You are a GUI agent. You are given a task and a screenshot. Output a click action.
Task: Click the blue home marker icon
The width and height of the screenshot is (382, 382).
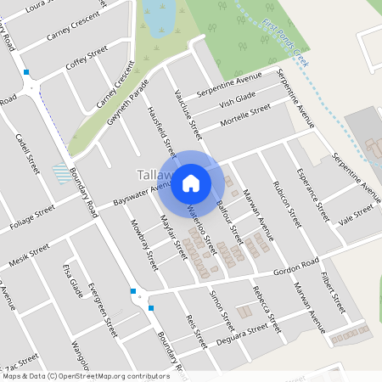click(x=191, y=183)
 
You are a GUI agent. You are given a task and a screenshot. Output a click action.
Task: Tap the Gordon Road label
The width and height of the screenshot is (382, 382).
click(x=296, y=267)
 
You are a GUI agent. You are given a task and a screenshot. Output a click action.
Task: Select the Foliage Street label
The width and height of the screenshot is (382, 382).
click(x=32, y=216)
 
